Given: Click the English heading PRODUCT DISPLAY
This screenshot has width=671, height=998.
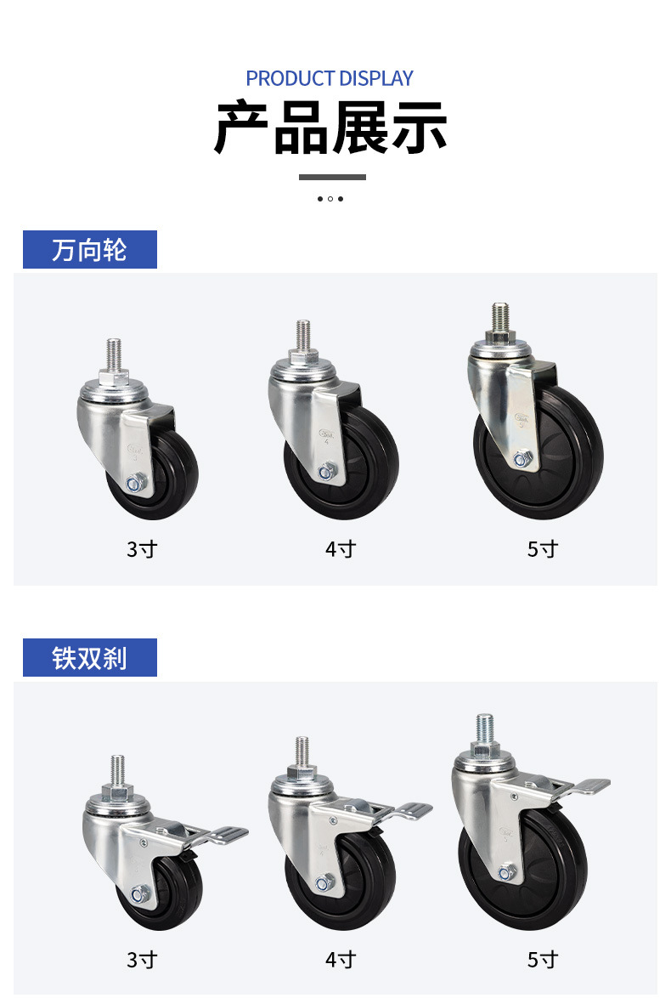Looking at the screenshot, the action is tap(330, 78).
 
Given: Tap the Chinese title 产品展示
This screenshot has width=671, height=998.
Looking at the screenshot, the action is tap(330, 128).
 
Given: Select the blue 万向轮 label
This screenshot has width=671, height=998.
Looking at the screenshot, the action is tap(90, 250).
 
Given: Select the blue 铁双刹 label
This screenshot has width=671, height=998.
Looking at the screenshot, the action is tap(90, 657).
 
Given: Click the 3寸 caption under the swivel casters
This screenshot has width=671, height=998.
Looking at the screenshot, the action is tap(142, 548).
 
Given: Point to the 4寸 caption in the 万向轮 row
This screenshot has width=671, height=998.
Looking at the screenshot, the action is tap(341, 548).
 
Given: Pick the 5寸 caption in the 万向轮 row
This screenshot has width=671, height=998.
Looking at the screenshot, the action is tap(543, 548).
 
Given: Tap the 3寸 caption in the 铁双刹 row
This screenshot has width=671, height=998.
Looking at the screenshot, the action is tap(142, 959).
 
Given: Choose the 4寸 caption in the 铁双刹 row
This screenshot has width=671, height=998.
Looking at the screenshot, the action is tap(341, 959).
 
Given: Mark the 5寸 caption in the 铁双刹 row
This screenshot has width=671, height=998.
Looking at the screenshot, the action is tap(543, 959).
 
